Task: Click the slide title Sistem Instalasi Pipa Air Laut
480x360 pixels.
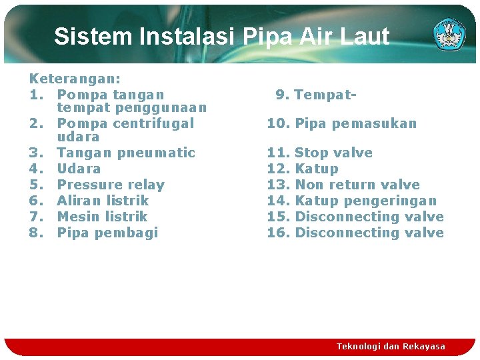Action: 221,36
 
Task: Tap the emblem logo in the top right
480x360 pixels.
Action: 449,35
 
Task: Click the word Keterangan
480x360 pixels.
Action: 70,79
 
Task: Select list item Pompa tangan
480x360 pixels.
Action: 111,95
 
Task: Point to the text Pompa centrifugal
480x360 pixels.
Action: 125,123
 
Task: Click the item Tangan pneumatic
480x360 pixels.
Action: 126,153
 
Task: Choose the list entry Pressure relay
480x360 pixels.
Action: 111,185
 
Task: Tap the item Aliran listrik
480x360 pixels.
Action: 103,201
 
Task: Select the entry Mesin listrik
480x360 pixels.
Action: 102,217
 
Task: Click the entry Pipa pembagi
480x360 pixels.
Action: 107,233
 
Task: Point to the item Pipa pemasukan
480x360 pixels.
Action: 355,123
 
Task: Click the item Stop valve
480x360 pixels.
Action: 333,153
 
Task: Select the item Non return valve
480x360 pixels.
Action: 357,185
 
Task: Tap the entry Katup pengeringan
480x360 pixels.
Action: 365,201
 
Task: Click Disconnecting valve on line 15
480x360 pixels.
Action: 369,217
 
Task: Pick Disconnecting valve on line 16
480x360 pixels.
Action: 369,233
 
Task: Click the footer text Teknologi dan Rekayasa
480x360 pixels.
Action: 391,347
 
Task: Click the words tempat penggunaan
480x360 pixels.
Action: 132,107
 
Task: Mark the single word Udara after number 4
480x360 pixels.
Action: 79,169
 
